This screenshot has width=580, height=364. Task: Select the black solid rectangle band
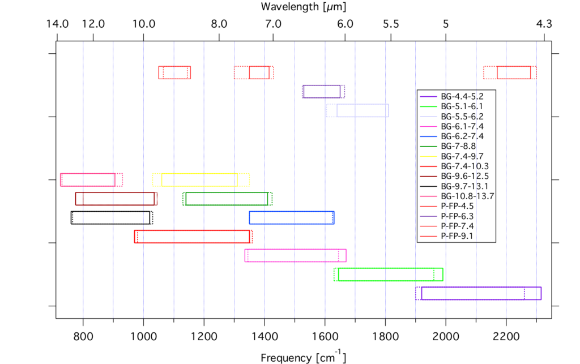[110, 217]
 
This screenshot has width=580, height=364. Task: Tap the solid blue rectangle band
[292, 217]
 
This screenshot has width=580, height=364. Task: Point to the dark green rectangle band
[227, 199]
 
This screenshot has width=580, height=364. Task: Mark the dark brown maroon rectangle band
[115, 199]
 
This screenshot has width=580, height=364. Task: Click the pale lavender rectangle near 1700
[362, 110]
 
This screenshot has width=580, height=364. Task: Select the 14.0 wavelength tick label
[57, 24]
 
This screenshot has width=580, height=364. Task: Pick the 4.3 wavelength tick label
[544, 24]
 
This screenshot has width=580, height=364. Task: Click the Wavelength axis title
[303, 7]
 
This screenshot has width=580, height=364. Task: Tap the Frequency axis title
[303, 357]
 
